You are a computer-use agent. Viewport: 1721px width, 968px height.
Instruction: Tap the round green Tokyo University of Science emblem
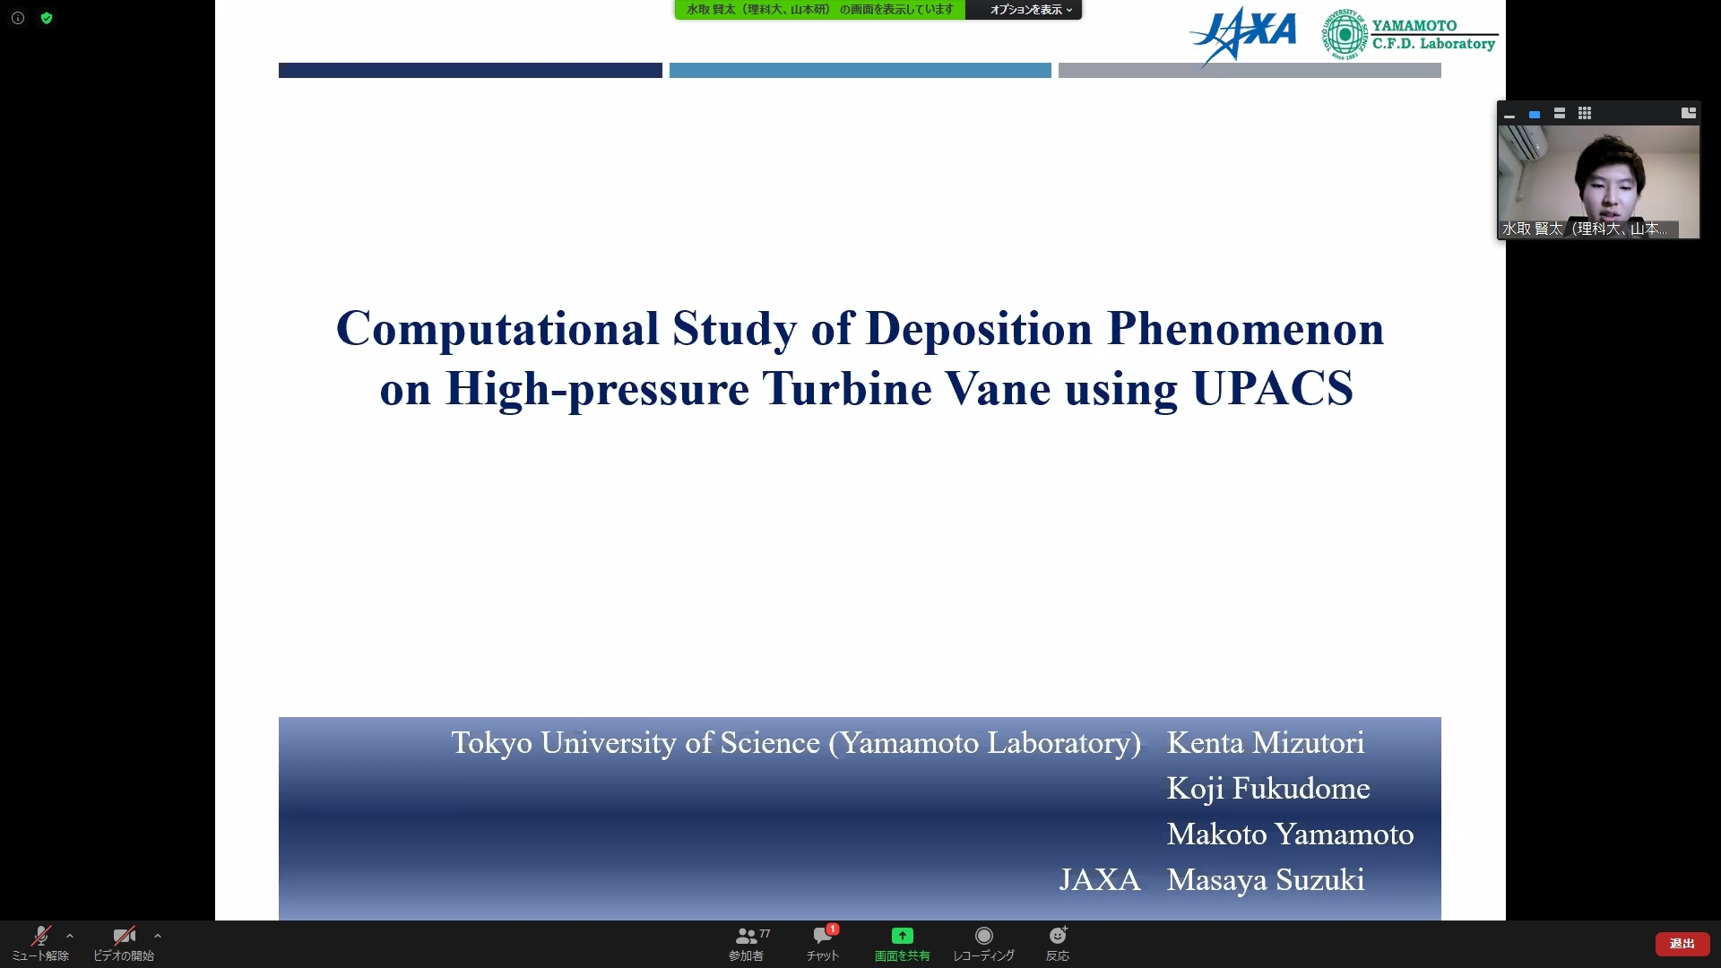pos(1345,35)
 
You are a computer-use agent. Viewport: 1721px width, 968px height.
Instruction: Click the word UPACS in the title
pos(1273,388)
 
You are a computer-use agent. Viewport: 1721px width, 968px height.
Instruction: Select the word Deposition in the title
pos(979,330)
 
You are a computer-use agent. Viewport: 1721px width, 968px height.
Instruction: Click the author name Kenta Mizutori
pos(1266,743)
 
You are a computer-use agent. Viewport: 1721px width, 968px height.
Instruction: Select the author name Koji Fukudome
pos(1268,789)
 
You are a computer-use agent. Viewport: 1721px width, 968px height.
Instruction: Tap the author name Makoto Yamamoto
pos(1291,834)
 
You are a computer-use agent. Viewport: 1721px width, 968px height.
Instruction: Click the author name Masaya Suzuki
pos(1266,880)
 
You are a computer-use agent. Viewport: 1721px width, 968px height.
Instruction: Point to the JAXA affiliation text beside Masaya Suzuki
pos(1100,880)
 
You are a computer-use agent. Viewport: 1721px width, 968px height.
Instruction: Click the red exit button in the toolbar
pos(1682,944)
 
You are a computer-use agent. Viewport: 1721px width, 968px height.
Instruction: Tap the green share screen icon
pos(903,936)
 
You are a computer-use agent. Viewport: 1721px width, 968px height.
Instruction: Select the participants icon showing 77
pos(747,937)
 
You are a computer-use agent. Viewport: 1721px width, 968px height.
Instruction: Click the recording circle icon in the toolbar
pos(983,936)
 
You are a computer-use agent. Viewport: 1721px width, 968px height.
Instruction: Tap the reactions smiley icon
pos(1058,936)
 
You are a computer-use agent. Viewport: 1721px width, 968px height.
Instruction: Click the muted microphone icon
pos(40,937)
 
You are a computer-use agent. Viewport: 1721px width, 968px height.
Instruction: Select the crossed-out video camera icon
pos(125,937)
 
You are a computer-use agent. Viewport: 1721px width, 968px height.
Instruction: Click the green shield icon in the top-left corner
pos(47,18)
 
